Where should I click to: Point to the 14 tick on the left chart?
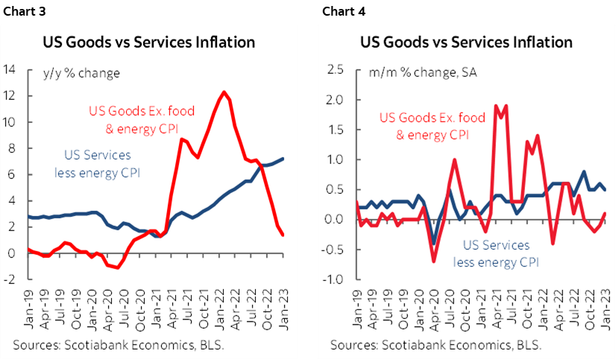tap(10, 70)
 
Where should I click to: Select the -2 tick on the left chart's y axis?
tap(10, 280)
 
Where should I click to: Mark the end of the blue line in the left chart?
tap(283, 158)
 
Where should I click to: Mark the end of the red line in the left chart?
tap(283, 235)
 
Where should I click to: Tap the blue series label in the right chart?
tap(496, 253)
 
